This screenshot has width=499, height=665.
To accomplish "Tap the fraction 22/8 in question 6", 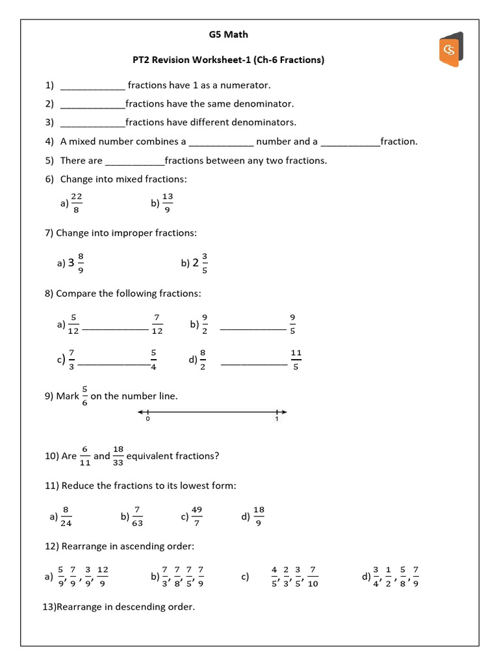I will (x=76, y=203).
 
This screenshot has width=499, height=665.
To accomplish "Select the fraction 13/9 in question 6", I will (x=168, y=203).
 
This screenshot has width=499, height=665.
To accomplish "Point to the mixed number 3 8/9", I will (x=75, y=263).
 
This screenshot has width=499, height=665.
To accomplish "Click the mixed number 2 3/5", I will (x=199, y=263).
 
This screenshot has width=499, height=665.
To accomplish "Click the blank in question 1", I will (x=92, y=86).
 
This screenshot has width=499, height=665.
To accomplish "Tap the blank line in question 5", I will (x=134, y=161).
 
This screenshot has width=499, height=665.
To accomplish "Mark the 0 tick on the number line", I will (x=148, y=412).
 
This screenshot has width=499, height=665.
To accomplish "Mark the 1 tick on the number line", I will (x=277, y=412).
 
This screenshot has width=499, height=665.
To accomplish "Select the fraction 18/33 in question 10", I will (x=118, y=456).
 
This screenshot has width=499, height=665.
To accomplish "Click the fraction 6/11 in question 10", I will (x=85, y=456).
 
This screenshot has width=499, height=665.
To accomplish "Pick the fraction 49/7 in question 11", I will (x=198, y=516).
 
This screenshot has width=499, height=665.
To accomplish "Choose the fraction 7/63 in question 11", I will (x=138, y=516).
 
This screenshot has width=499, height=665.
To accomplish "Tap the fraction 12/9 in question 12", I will (x=103, y=576).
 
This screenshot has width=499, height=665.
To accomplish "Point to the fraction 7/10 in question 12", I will (x=313, y=576).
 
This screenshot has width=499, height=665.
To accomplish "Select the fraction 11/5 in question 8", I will (x=296, y=360).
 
